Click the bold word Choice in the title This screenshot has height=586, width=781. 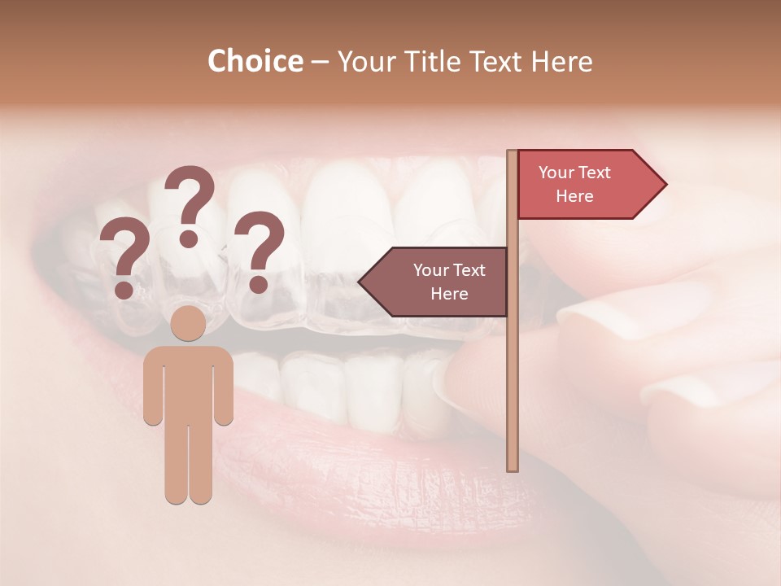pyautogui.click(x=255, y=61)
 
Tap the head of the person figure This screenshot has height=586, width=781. pyautogui.click(x=189, y=322)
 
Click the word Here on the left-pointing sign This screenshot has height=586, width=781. pyautogui.click(x=449, y=294)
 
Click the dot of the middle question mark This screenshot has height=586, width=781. pyautogui.click(x=189, y=238)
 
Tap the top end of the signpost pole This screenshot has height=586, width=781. pyautogui.click(x=513, y=152)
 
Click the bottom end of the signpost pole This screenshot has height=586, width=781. pyautogui.click(x=513, y=469)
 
